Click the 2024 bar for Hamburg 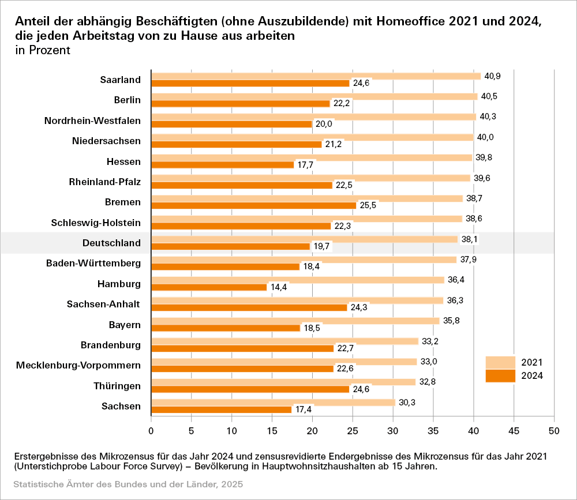coord(209,287)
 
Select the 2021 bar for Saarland coord(316,76)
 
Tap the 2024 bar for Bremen coord(254,205)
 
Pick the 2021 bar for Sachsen coord(273,403)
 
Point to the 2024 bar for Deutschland coord(231,246)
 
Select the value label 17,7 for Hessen coord(305,164)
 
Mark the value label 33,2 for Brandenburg coord(430,341)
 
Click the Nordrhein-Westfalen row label coord(92,121)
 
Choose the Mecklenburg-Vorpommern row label coord(78,365)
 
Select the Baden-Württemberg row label coord(93,263)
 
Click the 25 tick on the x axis coord(353,430)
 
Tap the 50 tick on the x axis coord(554,430)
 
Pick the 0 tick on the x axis coord(151,430)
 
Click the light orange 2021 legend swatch coord(500,362)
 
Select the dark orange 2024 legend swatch coord(500,375)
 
